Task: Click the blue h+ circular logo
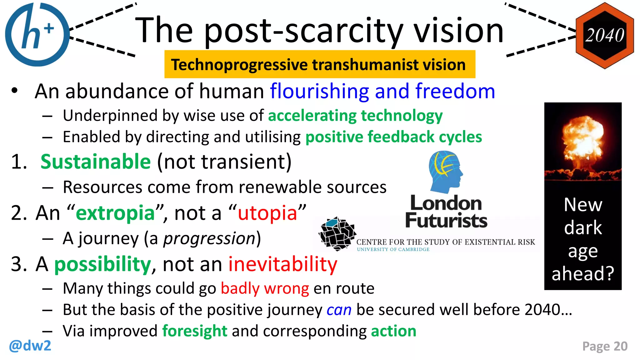(37, 34)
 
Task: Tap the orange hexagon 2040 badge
(605, 35)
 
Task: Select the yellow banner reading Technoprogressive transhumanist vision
(319, 64)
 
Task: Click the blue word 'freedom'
(455, 91)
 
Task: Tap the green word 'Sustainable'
(96, 162)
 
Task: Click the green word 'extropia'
(115, 213)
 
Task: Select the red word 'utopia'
(267, 213)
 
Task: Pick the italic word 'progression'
(210, 239)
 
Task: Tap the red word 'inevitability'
(283, 264)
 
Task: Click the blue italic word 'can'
(339, 310)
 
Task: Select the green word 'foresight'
(195, 331)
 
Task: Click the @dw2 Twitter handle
(30, 346)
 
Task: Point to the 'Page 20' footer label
(605, 346)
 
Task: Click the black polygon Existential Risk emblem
(337, 233)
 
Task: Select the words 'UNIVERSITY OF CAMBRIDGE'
(393, 249)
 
